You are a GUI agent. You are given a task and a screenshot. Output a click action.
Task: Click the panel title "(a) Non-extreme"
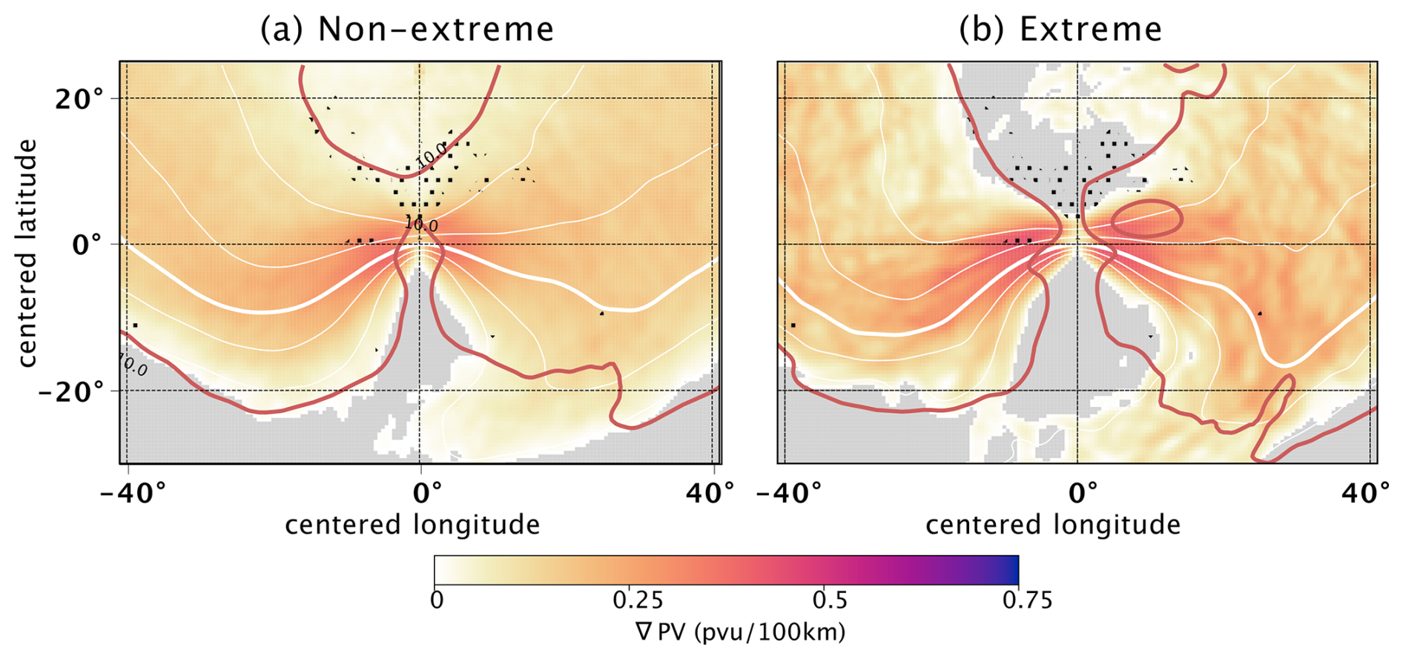407,30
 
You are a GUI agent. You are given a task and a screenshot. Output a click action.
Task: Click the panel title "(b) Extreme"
1060,30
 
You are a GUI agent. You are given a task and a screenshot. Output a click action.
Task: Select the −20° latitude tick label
71,391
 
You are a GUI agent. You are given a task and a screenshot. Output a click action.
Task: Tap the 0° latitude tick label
88,245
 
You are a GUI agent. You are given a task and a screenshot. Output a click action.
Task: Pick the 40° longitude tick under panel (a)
710,493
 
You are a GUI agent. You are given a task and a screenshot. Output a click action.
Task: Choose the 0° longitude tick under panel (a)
427,493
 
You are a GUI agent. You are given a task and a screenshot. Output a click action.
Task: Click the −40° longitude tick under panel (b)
790,493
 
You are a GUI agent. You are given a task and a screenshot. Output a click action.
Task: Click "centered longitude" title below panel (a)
412,525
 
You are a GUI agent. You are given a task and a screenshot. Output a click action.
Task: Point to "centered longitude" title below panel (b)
1053,525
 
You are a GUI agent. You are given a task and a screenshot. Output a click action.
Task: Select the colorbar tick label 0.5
831,600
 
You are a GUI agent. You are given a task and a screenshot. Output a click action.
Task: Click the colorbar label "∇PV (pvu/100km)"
739,632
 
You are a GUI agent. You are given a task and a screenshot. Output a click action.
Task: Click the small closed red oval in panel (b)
1146,219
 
